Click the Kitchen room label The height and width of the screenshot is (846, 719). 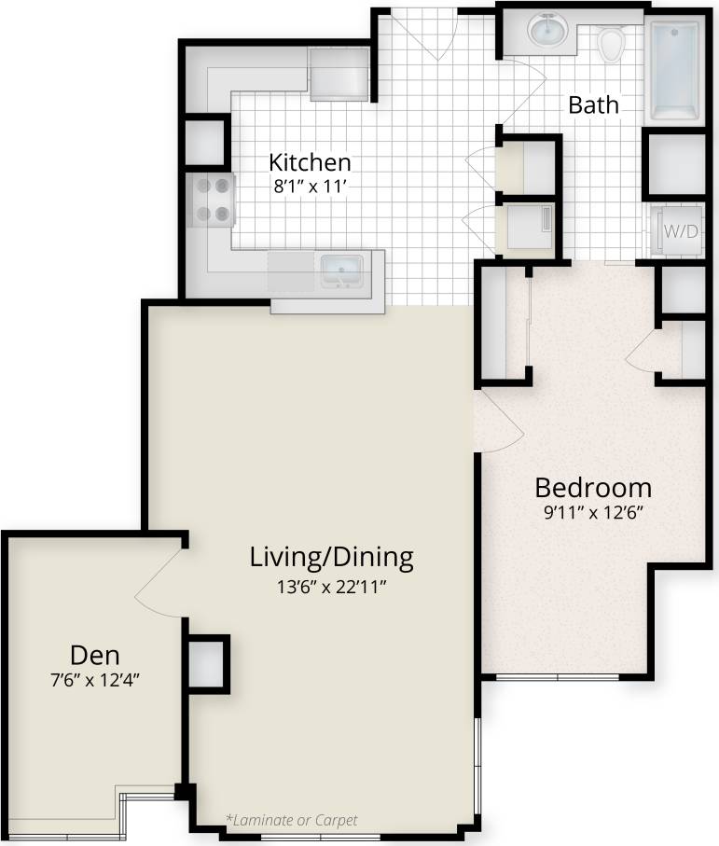(310, 161)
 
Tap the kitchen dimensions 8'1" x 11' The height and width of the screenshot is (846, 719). (310, 185)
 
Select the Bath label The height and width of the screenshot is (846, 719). (593, 104)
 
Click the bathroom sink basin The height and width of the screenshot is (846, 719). (546, 32)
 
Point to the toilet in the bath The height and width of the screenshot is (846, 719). (611, 42)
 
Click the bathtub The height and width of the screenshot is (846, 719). (674, 71)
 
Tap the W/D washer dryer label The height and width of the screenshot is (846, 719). (680, 231)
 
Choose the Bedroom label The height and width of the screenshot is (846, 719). (592, 487)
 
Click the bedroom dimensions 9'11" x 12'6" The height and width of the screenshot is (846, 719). (592, 512)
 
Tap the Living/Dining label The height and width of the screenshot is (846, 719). (331, 557)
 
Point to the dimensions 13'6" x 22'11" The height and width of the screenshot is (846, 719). (331, 586)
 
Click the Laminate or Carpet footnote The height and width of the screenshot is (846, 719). (291, 821)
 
